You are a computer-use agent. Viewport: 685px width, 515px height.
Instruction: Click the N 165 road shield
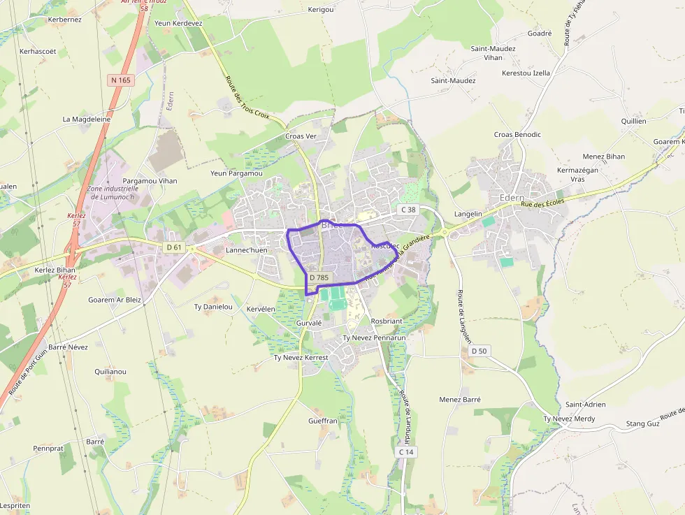tap(120, 80)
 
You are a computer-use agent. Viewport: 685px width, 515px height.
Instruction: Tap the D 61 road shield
tap(174, 247)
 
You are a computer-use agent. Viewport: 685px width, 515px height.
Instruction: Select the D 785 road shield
tap(319, 277)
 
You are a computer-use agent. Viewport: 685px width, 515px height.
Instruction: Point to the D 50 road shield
tap(479, 350)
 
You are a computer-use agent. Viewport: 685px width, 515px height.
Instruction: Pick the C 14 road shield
tap(407, 452)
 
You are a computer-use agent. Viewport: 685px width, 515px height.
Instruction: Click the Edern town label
tap(512, 198)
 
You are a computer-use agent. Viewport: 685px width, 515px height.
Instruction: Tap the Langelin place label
tap(468, 214)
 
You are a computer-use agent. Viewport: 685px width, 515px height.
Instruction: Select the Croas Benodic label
tap(517, 134)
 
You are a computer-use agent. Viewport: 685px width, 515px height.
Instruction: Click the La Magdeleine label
tap(87, 119)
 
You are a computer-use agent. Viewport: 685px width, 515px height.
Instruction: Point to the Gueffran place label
tap(323, 421)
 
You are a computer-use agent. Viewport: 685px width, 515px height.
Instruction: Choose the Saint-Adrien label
tap(586, 405)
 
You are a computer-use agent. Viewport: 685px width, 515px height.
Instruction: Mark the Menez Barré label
tap(460, 400)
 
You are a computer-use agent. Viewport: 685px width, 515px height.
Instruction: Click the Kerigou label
tap(321, 10)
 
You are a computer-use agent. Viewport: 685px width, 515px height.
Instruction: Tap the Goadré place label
tap(540, 33)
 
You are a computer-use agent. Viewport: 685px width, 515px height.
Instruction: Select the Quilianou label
tap(110, 372)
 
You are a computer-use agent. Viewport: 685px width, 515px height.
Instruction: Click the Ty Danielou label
tap(213, 307)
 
